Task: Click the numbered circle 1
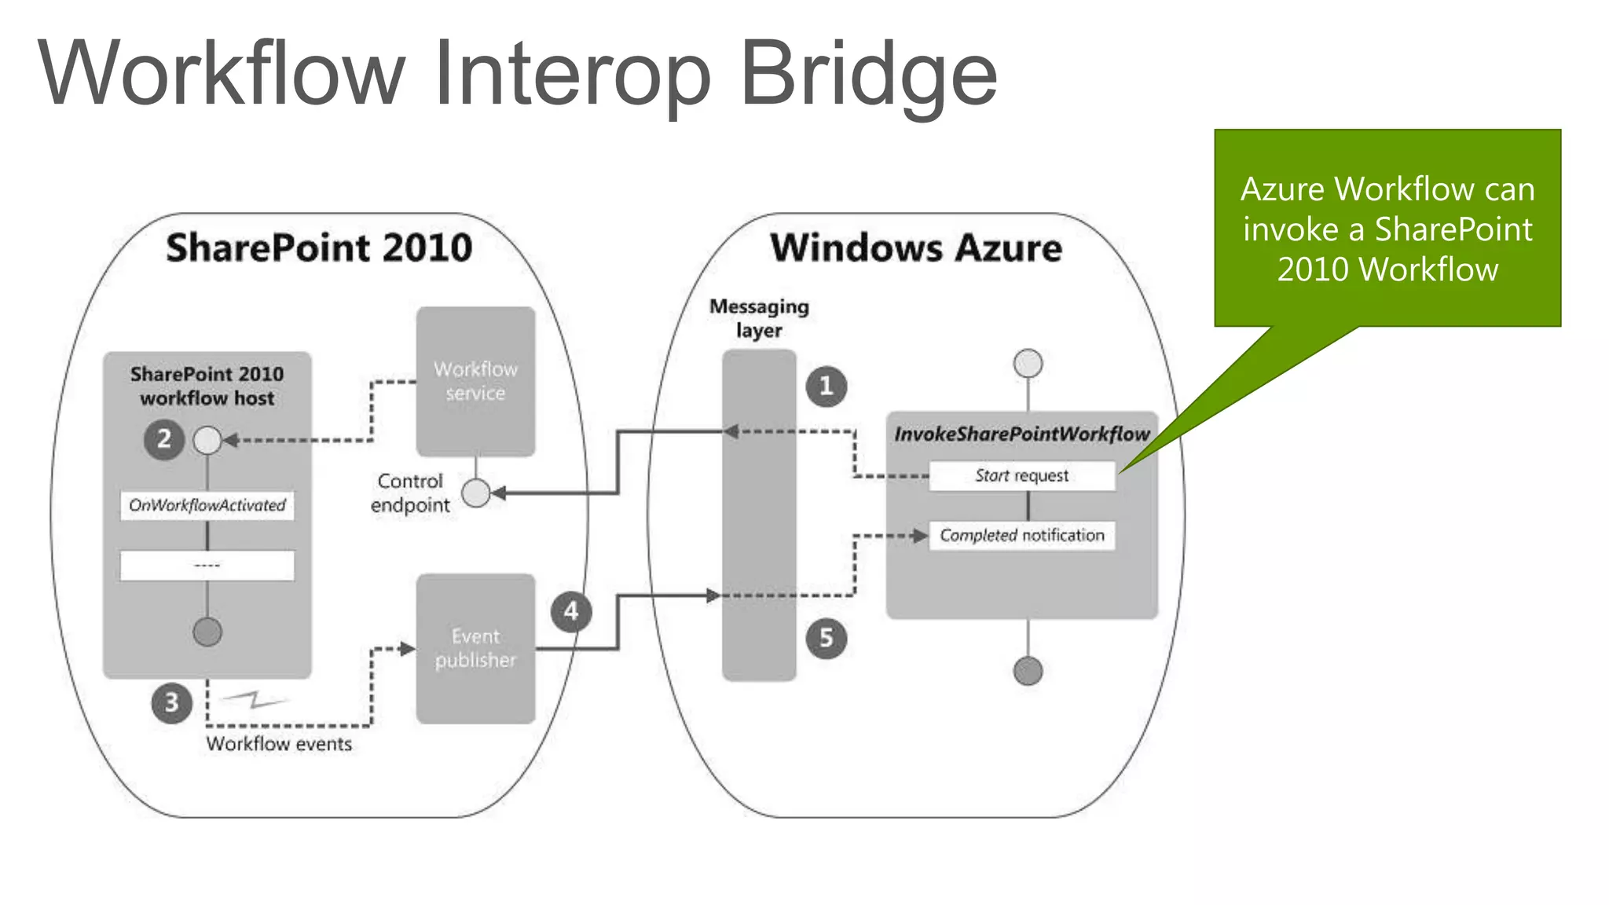826,387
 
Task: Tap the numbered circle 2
163,439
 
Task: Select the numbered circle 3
171,702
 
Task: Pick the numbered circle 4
571,612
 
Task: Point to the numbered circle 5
826,638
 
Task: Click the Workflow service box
475,381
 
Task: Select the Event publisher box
475,648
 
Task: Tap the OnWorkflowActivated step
207,505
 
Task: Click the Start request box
1021,476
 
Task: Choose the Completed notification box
1021,536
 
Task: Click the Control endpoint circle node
475,493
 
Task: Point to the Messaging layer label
759,318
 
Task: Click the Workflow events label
279,744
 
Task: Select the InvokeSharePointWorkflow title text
1021,434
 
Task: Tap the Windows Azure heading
916,248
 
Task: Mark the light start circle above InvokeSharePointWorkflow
1028,364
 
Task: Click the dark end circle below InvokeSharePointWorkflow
1028,671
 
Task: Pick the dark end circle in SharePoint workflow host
207,632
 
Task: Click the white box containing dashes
207,566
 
